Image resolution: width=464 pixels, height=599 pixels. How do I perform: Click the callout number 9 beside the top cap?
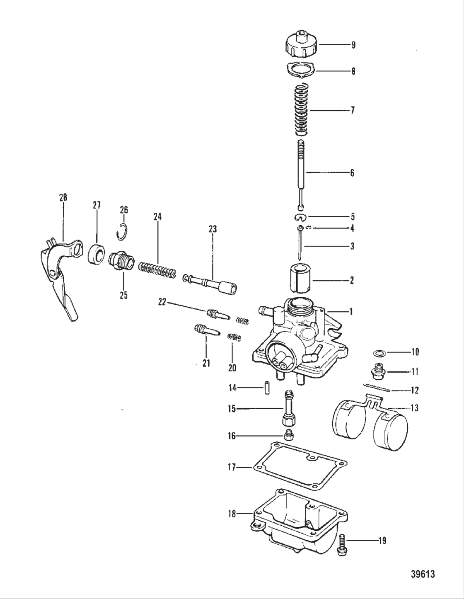[x=353, y=45]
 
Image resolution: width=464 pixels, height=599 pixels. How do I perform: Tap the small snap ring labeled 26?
[x=123, y=230]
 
